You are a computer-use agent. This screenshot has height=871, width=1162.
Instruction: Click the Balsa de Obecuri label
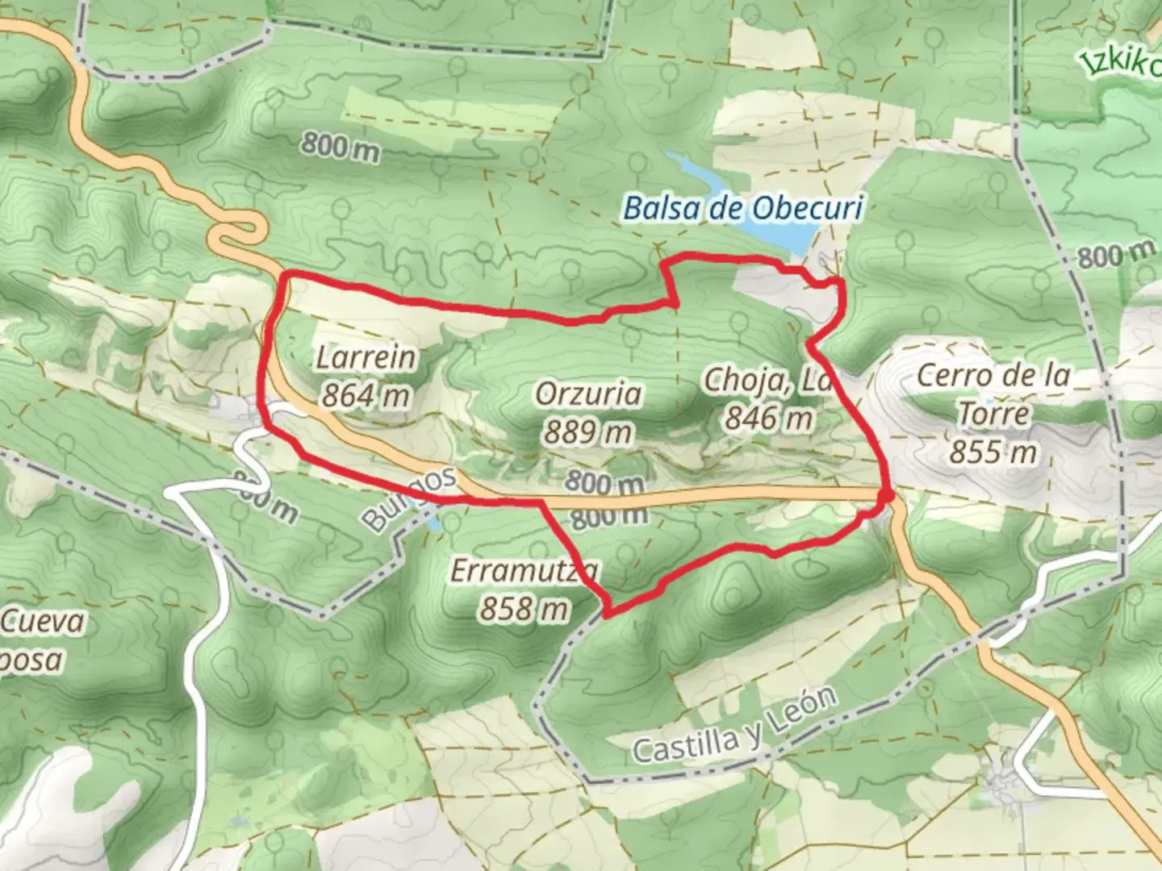[x=743, y=209]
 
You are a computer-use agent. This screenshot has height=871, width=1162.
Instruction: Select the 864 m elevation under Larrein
[x=366, y=396]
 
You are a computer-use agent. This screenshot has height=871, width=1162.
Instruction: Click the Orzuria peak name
[x=589, y=394]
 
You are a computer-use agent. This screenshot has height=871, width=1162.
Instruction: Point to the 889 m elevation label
[x=587, y=433]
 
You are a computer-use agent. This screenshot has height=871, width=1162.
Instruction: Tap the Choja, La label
[x=767, y=380]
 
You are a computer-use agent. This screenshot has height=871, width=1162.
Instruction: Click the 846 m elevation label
[x=768, y=419]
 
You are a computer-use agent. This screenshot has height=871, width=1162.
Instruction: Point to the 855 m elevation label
[x=993, y=452]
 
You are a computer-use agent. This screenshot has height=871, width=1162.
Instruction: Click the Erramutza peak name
[x=525, y=571]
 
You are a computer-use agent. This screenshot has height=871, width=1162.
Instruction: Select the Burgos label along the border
[x=409, y=499]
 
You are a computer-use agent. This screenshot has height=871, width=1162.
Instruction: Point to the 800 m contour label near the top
[x=340, y=148]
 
